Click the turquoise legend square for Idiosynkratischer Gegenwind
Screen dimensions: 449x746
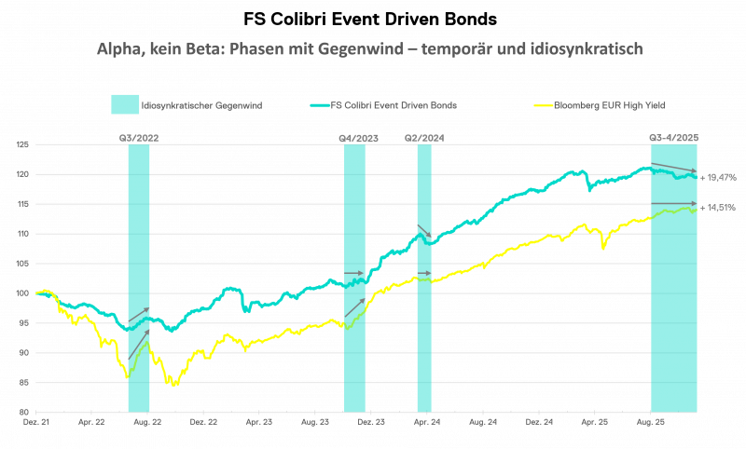124,104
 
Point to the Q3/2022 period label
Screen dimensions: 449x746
138,138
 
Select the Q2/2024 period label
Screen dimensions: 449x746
423,138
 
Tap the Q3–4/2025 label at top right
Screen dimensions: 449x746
673,138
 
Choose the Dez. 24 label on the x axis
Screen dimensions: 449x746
539,422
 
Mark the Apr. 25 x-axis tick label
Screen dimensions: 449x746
595,422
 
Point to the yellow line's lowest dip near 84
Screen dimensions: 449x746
173,385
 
